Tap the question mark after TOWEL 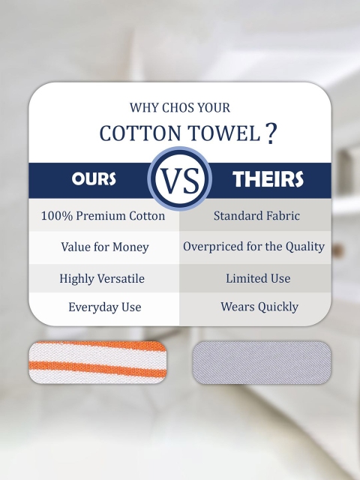click(270, 133)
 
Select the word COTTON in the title click(140, 133)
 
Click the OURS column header click(94, 178)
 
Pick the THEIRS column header click(268, 178)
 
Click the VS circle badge click(180, 178)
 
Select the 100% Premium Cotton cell click(103, 216)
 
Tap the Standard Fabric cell click(256, 216)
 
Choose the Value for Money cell click(105, 247)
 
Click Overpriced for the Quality click(253, 247)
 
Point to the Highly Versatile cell click(102, 278)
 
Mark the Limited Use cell click(258, 278)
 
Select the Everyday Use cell click(105, 307)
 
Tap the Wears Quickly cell click(259, 307)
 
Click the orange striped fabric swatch click(97, 362)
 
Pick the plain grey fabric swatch click(262, 362)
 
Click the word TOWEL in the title click(224, 133)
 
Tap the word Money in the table click(130, 247)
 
